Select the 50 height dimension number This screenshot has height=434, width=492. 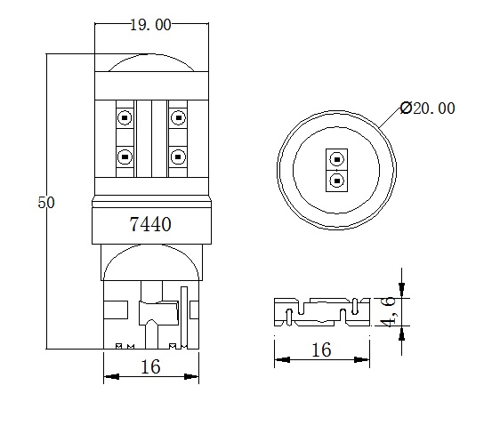[x=46, y=203]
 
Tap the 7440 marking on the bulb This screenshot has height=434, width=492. [x=150, y=225]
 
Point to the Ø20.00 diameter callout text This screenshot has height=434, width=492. [x=428, y=108]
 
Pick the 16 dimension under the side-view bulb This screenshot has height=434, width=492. [x=150, y=367]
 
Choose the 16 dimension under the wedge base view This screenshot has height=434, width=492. [x=321, y=350]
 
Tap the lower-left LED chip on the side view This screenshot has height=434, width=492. [x=124, y=157]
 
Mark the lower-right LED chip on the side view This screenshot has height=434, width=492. [x=178, y=157]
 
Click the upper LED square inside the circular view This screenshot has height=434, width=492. [x=336, y=161]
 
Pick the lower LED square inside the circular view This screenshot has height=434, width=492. [x=336, y=181]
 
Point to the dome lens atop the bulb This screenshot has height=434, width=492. [x=151, y=62]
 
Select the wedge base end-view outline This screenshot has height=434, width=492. [x=321, y=312]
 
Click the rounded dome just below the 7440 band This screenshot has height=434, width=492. [x=150, y=264]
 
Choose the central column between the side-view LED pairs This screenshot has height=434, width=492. [x=151, y=138]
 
